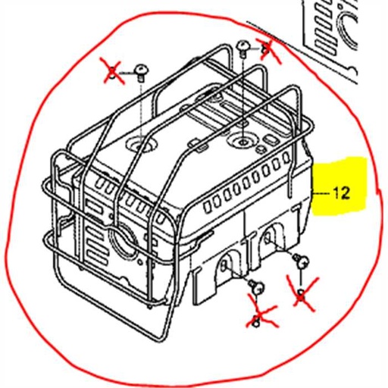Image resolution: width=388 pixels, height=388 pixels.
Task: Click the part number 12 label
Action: click(342, 193)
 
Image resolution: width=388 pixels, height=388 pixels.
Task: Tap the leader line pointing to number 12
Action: click(323, 194)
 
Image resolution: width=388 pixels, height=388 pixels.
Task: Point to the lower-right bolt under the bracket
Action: click(300, 261)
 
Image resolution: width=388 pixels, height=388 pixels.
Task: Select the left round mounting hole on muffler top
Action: click(141, 142)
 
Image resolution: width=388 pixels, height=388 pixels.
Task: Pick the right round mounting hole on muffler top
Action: click(243, 140)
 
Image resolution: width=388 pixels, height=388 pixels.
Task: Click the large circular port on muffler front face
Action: click(120, 242)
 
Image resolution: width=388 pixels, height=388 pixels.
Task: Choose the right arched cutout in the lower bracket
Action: click(268, 242)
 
